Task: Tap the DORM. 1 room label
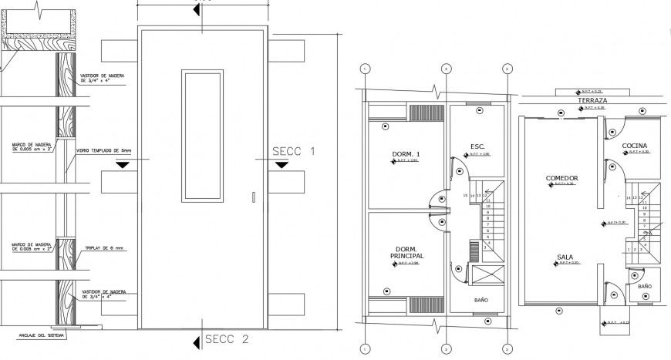coord(405,155)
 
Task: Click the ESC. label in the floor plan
coord(477,146)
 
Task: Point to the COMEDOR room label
coord(561,178)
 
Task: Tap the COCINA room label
coord(636,145)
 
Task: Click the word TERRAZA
coord(588,101)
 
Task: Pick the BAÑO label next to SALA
coord(645,286)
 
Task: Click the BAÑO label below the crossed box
coord(480,301)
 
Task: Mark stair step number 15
coord(465,195)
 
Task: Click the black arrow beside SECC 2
coord(197,339)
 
